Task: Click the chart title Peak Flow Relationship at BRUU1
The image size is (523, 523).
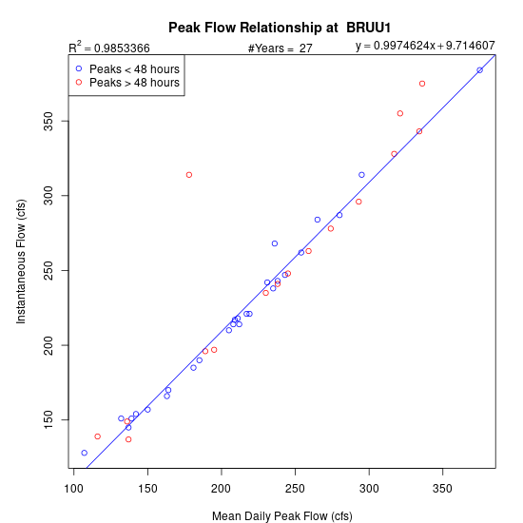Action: click(x=280, y=28)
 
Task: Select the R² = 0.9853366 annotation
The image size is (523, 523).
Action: click(x=109, y=47)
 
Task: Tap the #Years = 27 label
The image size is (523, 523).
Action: click(x=281, y=48)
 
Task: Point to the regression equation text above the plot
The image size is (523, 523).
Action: click(x=425, y=46)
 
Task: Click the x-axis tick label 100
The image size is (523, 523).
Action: click(x=73, y=489)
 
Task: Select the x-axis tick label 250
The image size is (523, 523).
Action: click(x=295, y=489)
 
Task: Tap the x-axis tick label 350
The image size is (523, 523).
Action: click(x=442, y=489)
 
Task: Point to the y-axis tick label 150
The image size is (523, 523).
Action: click(x=48, y=420)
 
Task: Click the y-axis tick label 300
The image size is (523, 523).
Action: click(x=48, y=196)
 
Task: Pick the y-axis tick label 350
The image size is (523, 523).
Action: click(x=48, y=121)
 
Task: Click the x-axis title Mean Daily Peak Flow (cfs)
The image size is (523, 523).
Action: click(x=282, y=516)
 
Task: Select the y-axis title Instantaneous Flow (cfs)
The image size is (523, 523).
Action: click(x=21, y=261)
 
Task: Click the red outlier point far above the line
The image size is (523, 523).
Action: click(x=189, y=175)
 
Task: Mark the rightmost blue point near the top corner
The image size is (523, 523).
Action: click(x=479, y=70)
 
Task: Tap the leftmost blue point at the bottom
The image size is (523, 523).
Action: click(x=85, y=453)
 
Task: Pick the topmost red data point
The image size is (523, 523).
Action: click(x=422, y=84)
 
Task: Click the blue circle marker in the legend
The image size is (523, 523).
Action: click(x=79, y=68)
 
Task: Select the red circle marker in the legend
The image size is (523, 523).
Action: click(x=79, y=82)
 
